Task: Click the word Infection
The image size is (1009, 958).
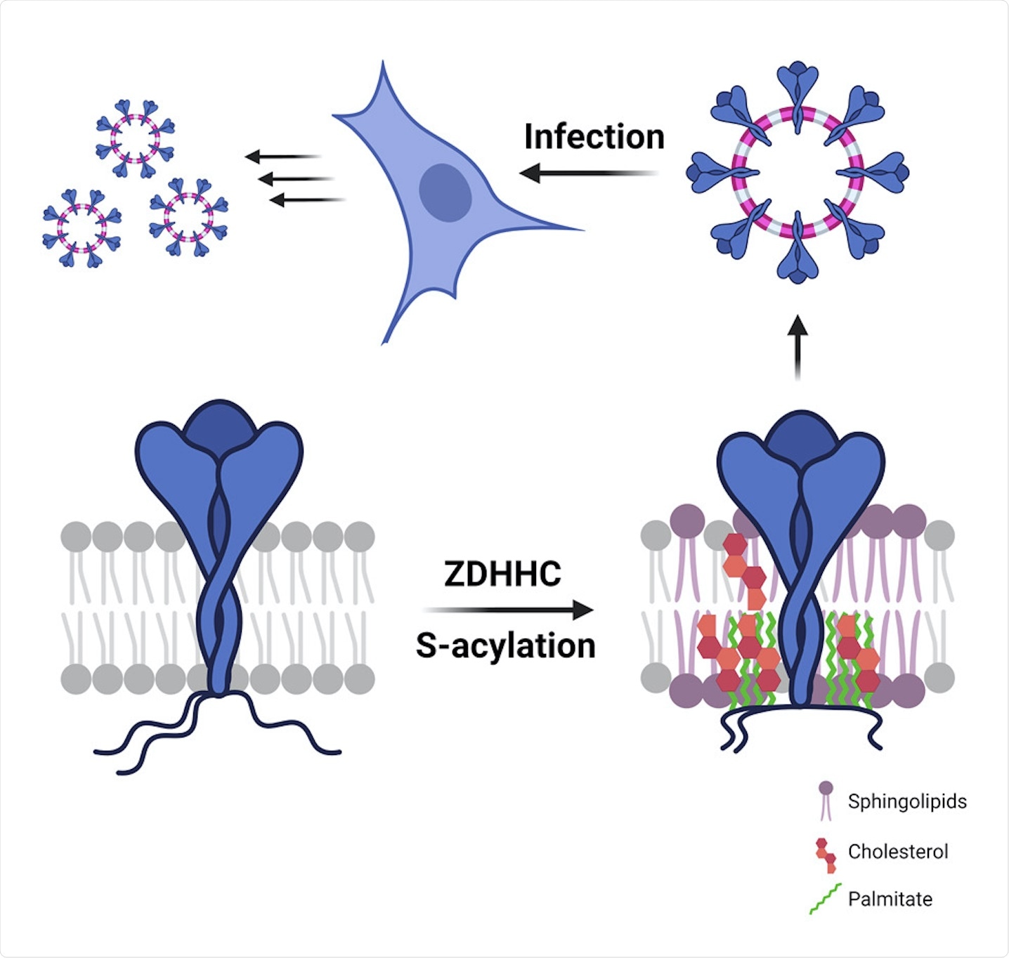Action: click(594, 137)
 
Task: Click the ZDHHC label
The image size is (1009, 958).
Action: click(502, 574)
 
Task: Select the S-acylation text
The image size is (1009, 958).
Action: click(505, 645)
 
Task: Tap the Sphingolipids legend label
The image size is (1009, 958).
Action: click(906, 801)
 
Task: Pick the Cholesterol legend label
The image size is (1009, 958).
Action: click(897, 851)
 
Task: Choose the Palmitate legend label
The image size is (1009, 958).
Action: click(890, 899)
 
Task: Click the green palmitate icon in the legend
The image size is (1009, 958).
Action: click(825, 900)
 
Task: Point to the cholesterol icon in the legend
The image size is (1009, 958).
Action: click(826, 854)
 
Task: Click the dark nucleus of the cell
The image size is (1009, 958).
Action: click(445, 192)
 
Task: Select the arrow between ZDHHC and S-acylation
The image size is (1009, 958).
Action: click(509, 610)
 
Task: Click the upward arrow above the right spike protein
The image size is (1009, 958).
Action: click(797, 347)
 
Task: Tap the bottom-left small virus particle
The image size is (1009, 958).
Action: click(82, 228)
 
